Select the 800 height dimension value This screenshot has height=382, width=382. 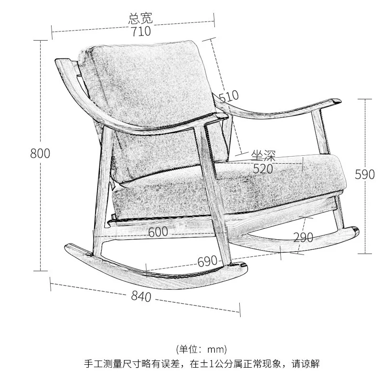click(40, 153)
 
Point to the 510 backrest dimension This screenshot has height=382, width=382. click(229, 96)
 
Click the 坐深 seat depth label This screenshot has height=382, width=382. click(264, 156)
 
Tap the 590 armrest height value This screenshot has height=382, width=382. click(365, 174)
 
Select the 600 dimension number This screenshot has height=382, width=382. click(158, 232)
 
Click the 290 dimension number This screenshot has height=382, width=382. click(303, 237)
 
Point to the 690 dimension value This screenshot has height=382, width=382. click(207, 261)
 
